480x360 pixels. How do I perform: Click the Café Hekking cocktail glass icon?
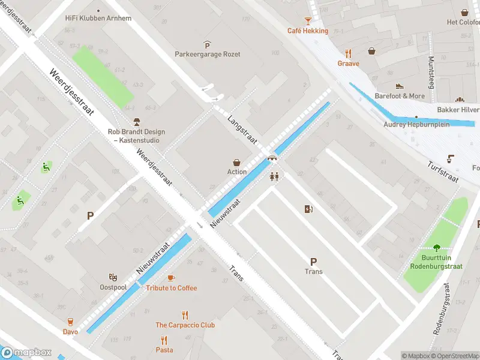307,20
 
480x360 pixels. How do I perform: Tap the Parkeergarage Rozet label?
207,54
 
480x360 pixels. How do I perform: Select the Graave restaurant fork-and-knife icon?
348,52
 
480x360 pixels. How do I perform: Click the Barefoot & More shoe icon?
400,86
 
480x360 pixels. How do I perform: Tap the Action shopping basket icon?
237,162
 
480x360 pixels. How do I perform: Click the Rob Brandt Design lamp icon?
136,122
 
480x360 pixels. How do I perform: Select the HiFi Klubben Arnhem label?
98,18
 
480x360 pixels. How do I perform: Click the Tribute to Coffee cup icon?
171,278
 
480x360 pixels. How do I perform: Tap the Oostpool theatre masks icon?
113,277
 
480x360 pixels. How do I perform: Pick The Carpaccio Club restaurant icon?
185,314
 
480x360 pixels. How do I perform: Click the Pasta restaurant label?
164,350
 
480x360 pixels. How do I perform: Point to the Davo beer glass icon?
70,322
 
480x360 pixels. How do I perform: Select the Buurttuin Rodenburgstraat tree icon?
436,247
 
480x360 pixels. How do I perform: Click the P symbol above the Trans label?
313,261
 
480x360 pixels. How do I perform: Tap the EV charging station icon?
309,209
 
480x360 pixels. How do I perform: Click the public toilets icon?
275,177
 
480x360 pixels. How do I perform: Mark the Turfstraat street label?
443,172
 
